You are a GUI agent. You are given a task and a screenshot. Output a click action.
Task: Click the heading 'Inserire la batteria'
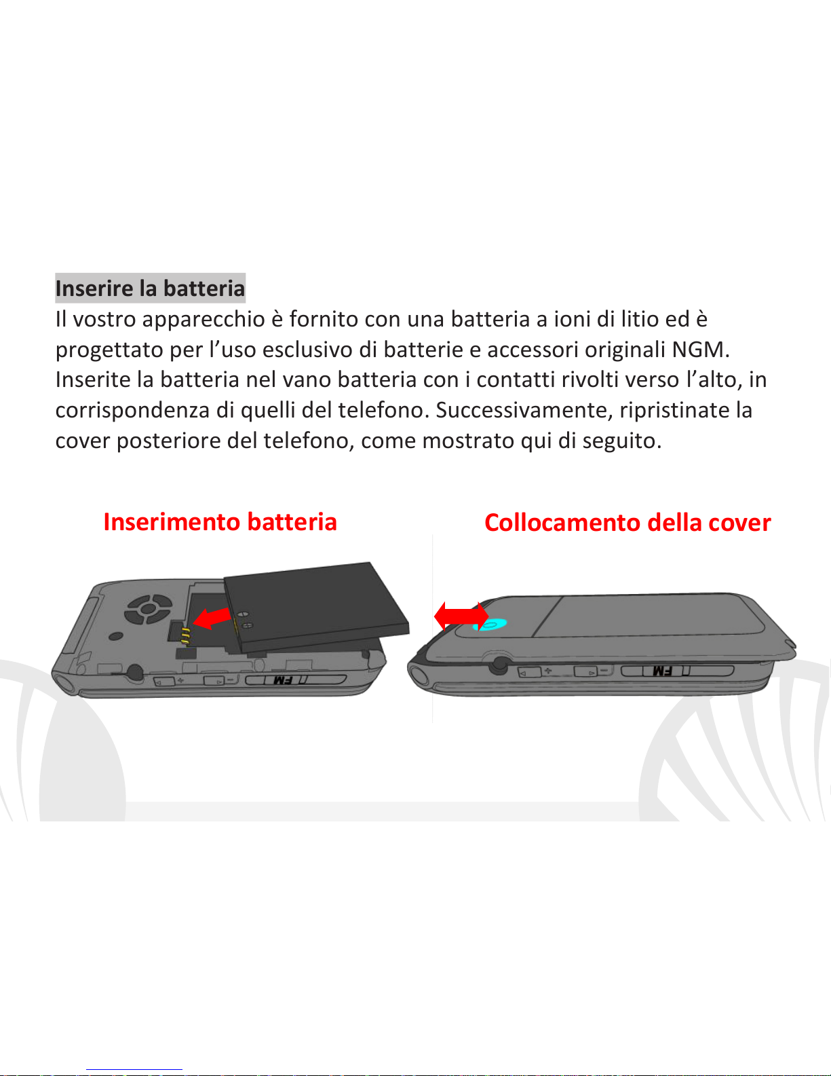click(x=150, y=289)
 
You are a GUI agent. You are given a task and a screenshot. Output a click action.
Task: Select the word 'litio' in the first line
click(x=636, y=319)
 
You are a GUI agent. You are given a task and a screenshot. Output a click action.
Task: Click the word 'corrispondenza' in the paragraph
click(x=132, y=411)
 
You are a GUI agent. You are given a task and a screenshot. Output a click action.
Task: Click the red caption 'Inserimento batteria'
click(x=220, y=522)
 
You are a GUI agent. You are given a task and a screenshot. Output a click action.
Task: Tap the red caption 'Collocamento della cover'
click(x=627, y=523)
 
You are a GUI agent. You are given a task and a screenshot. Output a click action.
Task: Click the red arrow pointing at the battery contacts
click(x=212, y=618)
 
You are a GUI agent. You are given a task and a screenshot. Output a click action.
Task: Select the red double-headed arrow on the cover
click(x=461, y=616)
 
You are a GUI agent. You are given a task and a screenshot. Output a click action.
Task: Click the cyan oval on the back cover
click(x=490, y=625)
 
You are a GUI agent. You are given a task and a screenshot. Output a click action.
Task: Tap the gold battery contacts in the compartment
click(x=185, y=636)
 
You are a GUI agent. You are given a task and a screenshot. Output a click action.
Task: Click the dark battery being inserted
click(x=317, y=607)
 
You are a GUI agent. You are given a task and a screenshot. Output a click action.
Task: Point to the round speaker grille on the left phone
click(x=149, y=609)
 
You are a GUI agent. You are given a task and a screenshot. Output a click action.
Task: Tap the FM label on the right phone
click(x=662, y=671)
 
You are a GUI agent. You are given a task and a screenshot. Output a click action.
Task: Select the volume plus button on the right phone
click(x=529, y=673)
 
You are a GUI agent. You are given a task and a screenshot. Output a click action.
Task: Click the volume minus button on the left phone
click(x=214, y=681)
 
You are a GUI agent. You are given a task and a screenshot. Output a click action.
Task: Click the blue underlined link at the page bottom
click(x=134, y=1070)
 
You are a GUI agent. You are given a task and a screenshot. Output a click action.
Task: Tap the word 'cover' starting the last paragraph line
click(x=82, y=441)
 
